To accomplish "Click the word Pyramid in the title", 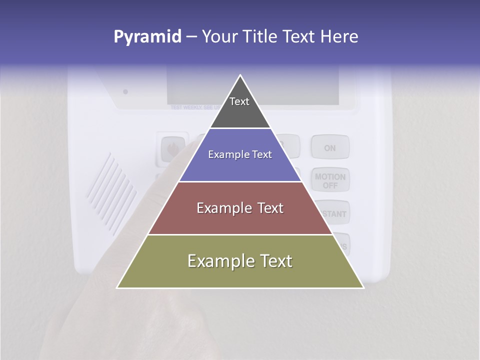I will [147, 37].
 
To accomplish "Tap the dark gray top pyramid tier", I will [240, 112].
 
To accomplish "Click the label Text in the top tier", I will [239, 101].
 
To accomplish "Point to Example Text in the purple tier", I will [240, 155].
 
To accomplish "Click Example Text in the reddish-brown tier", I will [240, 208].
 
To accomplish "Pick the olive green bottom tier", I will [150, 275].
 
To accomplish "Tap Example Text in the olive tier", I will [240, 261].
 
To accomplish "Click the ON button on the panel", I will [330, 148].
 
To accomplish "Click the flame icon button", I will [171, 149].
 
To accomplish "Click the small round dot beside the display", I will [125, 91].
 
